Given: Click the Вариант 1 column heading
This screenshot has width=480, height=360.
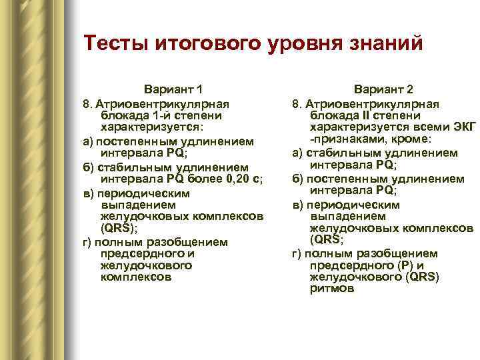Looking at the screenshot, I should tap(173, 89).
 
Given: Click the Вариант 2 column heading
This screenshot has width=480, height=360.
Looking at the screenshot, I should tap(383, 89).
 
